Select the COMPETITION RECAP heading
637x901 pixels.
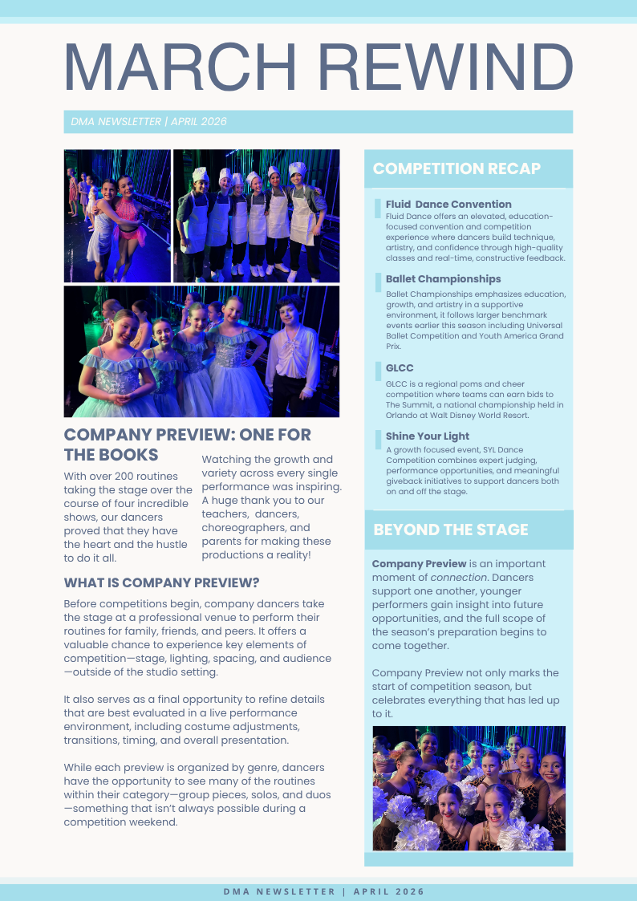tap(456, 168)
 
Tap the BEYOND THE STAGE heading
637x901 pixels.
tap(450, 530)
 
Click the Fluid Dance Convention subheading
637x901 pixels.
tap(448, 204)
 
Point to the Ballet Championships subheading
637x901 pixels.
tap(443, 279)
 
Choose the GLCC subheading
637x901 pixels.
tap(400, 368)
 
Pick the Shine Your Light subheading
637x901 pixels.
tap(427, 436)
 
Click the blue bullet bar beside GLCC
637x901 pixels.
tap(378, 371)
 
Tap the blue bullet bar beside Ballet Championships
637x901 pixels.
tap(378, 282)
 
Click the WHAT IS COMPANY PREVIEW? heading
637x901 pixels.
tap(161, 582)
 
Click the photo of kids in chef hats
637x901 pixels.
tap(256, 215)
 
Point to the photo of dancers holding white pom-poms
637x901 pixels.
tap(469, 788)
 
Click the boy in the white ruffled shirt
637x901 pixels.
tap(292, 353)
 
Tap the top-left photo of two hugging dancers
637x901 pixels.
tap(117, 215)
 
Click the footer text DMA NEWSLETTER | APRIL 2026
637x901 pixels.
tap(323, 891)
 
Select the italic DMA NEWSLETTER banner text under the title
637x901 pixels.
tap(148, 122)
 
